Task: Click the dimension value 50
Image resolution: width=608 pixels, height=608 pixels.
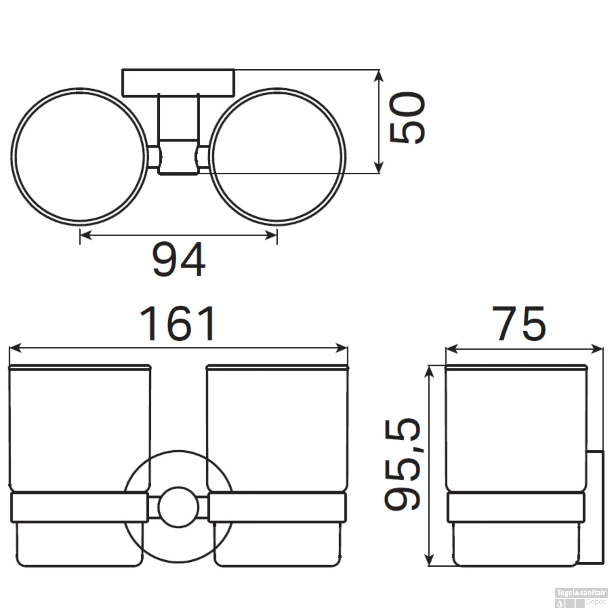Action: [x=407, y=118]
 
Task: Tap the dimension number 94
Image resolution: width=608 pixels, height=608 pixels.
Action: [x=179, y=259]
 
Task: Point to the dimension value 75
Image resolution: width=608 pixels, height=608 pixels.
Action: [x=519, y=323]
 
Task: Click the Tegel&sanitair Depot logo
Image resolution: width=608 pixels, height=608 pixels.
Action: [x=581, y=597]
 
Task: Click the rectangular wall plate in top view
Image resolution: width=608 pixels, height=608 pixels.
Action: [x=178, y=83]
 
